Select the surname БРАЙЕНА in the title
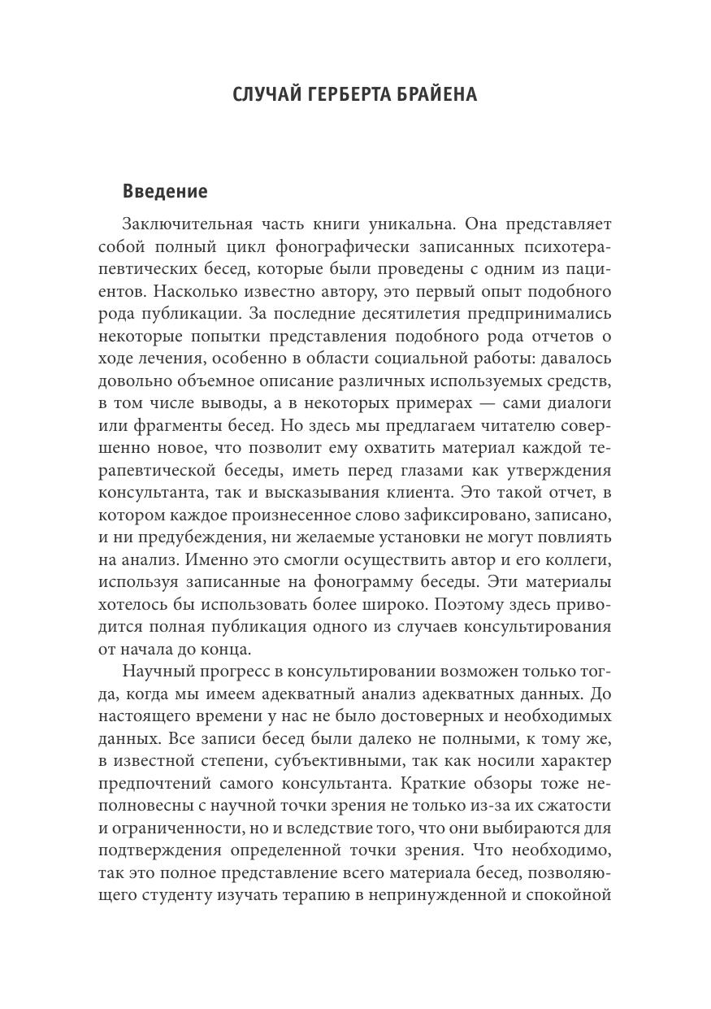point(436,95)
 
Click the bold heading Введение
point(165,191)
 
